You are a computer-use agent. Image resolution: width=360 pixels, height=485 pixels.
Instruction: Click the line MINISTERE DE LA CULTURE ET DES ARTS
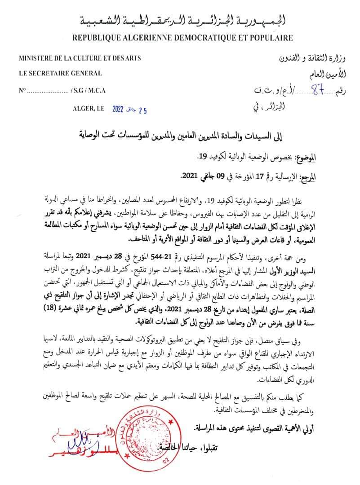pyautogui.click(x=80, y=58)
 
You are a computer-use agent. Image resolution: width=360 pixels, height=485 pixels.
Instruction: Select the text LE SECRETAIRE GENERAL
pyautogui.click(x=60, y=74)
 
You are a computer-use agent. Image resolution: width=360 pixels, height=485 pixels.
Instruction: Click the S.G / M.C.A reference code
pyautogui.click(x=88, y=90)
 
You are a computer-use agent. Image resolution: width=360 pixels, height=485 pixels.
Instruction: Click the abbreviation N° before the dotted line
pyautogui.click(x=22, y=90)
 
